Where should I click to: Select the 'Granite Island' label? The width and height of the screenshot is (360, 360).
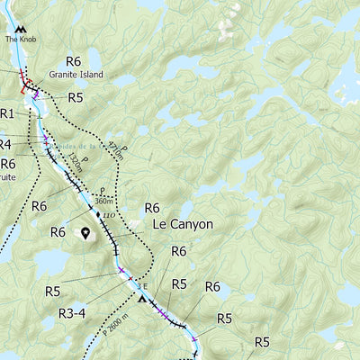(76, 75)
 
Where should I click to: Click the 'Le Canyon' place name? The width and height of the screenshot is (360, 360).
(183, 223)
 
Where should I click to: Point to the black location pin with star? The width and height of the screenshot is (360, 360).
(86, 234)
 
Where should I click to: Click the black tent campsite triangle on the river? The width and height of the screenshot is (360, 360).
(140, 299)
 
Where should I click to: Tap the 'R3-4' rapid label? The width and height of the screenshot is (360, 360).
(73, 313)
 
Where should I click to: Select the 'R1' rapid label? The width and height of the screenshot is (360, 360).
(7, 113)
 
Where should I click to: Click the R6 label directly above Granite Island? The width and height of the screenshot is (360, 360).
(73, 61)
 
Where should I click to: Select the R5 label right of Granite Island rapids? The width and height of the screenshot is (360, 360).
(76, 97)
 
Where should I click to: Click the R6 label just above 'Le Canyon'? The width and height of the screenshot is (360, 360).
(152, 208)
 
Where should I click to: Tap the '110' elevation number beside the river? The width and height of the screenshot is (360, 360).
(108, 217)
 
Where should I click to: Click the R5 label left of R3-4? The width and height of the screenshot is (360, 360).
(52, 292)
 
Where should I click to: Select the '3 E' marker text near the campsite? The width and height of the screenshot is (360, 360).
(140, 287)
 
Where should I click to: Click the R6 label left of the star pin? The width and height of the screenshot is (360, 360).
(58, 232)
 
